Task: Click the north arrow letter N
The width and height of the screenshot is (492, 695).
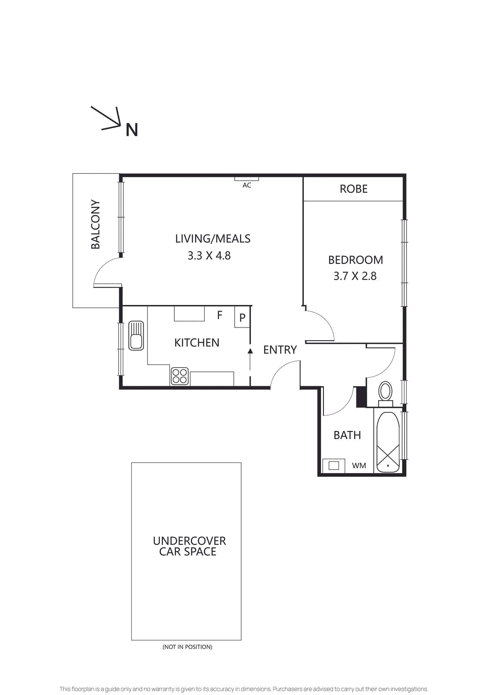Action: (x=132, y=130)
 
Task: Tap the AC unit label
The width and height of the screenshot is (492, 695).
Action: (x=246, y=185)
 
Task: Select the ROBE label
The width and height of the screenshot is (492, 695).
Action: (x=353, y=189)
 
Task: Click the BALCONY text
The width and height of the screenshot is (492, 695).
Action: (x=96, y=224)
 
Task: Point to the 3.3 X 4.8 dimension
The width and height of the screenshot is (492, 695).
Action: (x=209, y=256)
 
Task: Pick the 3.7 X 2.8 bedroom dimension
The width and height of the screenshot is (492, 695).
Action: (x=355, y=276)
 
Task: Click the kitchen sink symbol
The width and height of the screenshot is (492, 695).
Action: (x=136, y=336)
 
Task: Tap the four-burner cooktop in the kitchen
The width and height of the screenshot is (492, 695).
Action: (x=180, y=376)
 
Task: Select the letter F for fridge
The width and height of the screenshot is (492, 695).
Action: (x=219, y=315)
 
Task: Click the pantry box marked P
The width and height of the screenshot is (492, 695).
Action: (x=242, y=318)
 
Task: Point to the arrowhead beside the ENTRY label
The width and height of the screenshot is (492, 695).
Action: (x=250, y=351)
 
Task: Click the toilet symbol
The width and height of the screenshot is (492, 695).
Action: (x=385, y=392)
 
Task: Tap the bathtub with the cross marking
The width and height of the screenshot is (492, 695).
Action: (x=388, y=442)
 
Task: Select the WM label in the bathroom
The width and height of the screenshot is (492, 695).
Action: (x=359, y=466)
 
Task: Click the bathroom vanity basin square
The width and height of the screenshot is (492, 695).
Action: (x=334, y=466)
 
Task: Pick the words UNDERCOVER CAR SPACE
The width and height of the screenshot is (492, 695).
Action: (x=189, y=546)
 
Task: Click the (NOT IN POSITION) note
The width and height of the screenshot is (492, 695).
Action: (x=187, y=647)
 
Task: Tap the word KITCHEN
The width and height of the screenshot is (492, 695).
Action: (x=196, y=343)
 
